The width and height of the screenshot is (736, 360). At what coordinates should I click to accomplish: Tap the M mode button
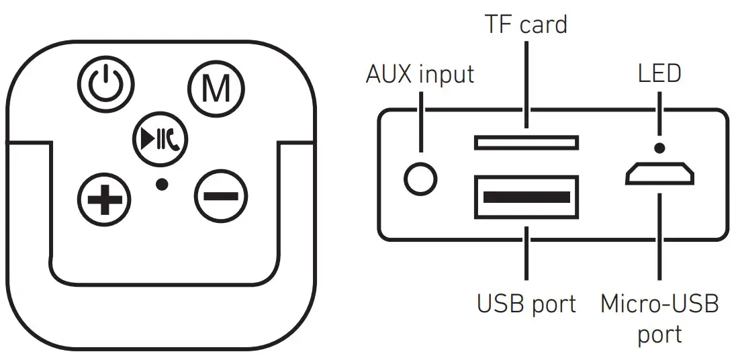click(x=216, y=88)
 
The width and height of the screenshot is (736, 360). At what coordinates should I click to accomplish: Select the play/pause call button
click(x=160, y=139)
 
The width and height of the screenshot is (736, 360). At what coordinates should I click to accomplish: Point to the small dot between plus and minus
click(x=161, y=183)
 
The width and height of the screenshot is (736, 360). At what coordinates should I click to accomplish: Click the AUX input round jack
click(x=421, y=179)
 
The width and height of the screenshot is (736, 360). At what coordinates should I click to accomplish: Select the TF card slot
click(x=526, y=142)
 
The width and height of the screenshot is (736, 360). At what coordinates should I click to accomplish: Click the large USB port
click(x=526, y=196)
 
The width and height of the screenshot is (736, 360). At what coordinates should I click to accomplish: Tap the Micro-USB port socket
click(x=660, y=175)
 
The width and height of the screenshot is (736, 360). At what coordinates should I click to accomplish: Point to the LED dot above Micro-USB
click(x=660, y=148)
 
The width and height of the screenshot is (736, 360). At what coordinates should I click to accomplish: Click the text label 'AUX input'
click(x=420, y=74)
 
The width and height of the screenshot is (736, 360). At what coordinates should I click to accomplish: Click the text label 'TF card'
click(x=526, y=25)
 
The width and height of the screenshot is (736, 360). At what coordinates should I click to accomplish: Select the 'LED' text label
click(x=659, y=74)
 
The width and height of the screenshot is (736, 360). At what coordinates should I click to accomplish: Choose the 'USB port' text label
click(x=526, y=304)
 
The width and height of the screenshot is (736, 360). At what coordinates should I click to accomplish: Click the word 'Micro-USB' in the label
click(x=659, y=304)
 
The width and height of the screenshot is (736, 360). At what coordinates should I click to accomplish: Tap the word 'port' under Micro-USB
click(x=659, y=334)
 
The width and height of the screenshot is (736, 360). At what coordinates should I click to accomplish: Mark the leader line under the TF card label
click(x=526, y=84)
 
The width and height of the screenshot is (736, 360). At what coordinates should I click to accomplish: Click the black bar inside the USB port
click(x=526, y=197)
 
